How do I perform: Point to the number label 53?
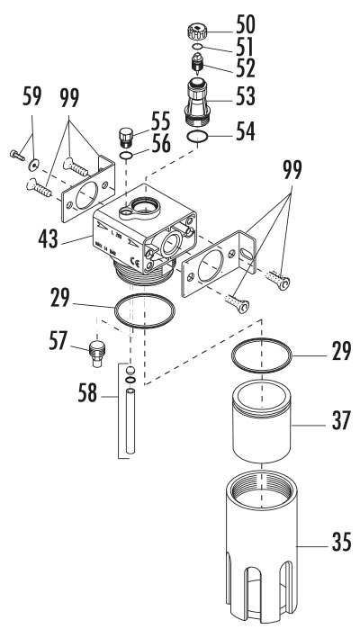240,93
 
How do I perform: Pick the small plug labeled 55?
127,137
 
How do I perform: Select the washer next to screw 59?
33,163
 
